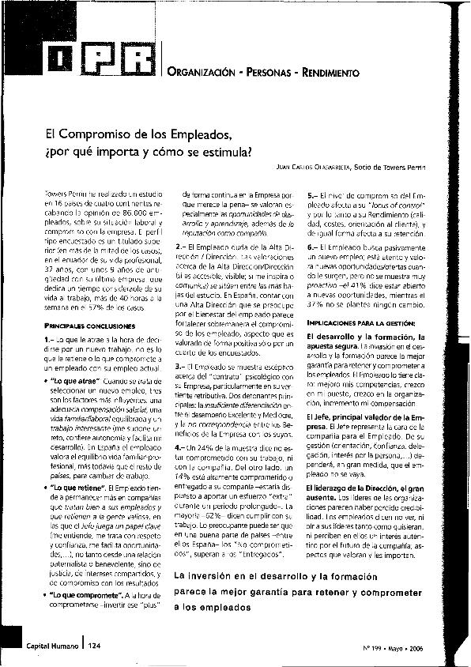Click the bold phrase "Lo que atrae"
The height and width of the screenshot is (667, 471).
pos(81,381)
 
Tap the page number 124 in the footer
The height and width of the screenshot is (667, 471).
pos(95,645)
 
